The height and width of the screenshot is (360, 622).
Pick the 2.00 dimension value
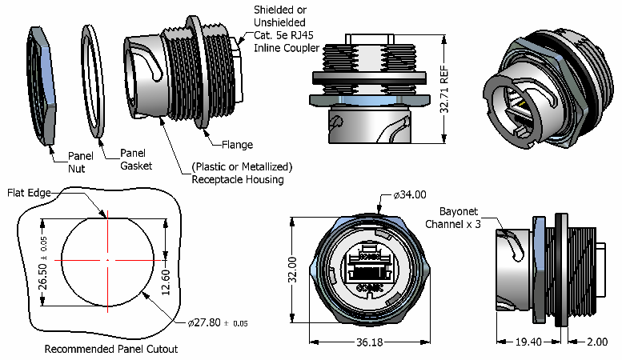(597, 342)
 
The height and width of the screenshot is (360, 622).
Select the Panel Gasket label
(134, 159)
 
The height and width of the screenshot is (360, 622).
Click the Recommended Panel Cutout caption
(110, 349)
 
